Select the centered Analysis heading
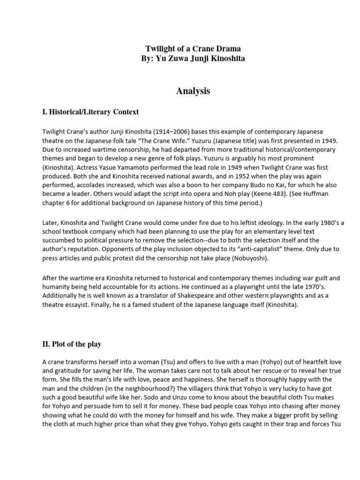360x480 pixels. (x=193, y=91)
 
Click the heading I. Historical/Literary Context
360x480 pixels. (x=90, y=112)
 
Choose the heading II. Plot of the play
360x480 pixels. (x=72, y=344)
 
